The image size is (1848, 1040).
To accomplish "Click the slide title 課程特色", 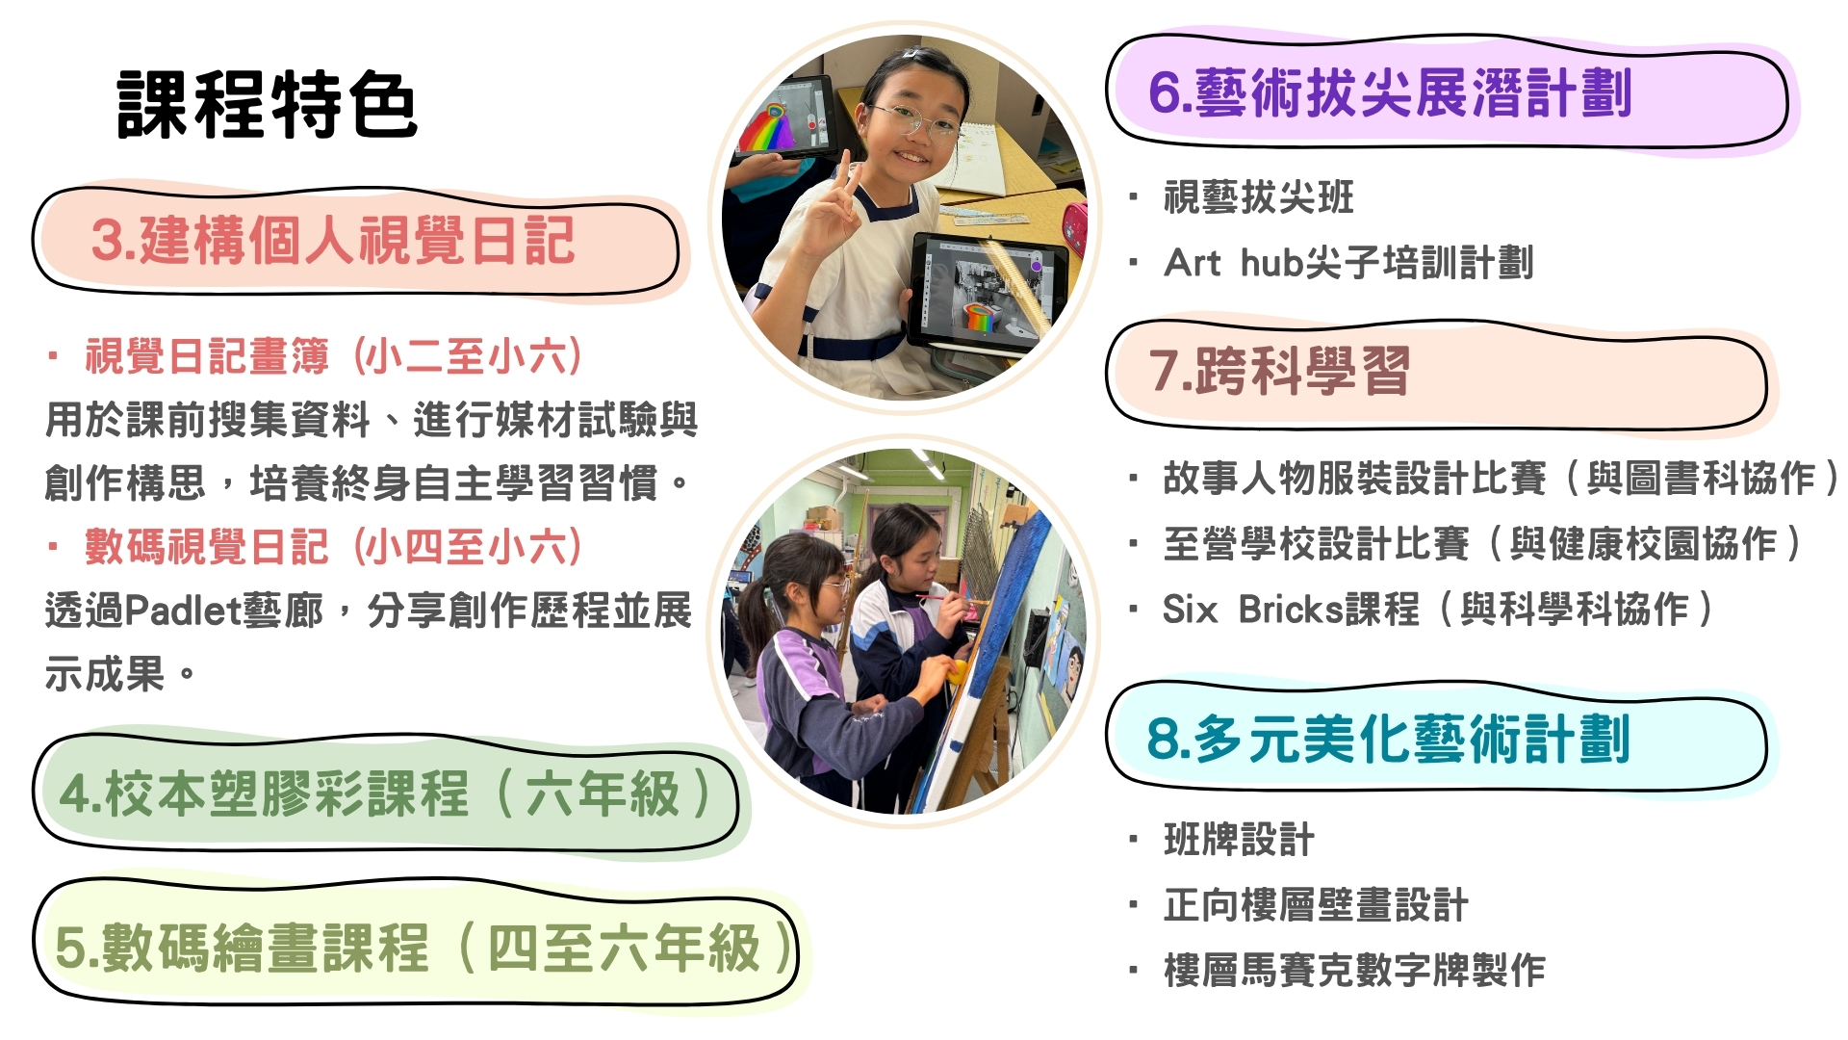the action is point(267,104).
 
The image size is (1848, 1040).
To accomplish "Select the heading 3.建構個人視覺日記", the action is point(333,241).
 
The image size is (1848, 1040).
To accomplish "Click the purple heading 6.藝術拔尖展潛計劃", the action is point(1390,93).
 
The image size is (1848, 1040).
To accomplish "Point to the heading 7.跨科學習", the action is point(1279,371).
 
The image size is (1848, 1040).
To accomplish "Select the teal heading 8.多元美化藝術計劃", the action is point(1388,739).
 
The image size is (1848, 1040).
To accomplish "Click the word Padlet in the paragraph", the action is point(183,611).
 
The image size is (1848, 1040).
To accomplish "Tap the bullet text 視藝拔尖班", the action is point(1259,197).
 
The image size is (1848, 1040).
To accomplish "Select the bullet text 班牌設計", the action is point(1239,840).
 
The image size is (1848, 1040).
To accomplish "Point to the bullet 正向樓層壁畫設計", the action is point(1316,905).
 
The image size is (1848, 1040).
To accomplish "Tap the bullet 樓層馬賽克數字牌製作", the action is point(1354,970).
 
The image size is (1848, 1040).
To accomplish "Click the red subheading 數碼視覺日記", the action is point(207,547).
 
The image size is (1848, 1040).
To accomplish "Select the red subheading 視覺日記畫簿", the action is point(207,356).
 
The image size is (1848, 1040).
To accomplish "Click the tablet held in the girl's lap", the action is point(987,290).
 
